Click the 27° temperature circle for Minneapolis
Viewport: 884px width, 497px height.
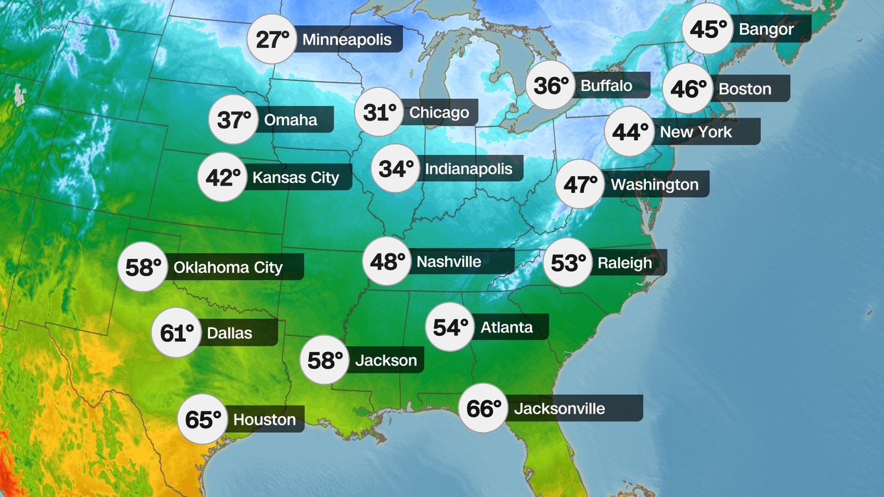click(x=272, y=39)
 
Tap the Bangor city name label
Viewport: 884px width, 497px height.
click(x=766, y=29)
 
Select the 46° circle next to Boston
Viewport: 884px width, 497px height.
click(x=687, y=88)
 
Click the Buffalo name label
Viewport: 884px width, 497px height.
click(x=606, y=86)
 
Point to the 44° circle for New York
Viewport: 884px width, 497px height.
click(x=629, y=132)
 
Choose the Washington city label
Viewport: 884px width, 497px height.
click(x=655, y=184)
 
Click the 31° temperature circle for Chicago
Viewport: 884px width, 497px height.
click(x=379, y=112)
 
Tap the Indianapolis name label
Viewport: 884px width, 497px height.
click(x=469, y=168)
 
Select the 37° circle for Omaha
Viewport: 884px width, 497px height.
click(x=233, y=120)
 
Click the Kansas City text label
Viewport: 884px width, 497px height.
click(x=296, y=177)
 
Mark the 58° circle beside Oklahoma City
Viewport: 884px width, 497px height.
click(x=143, y=267)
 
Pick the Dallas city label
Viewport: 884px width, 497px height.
click(x=229, y=333)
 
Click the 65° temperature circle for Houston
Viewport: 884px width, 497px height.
click(x=202, y=419)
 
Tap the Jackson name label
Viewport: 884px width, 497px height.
click(x=386, y=360)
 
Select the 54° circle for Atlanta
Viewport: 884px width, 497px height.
click(x=450, y=327)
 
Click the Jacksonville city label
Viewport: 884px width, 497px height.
click(x=559, y=409)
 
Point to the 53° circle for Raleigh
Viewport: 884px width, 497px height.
click(x=568, y=263)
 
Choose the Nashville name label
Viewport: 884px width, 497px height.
click(x=449, y=261)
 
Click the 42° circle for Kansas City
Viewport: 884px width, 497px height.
click(x=222, y=177)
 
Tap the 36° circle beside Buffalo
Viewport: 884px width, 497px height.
click(x=550, y=86)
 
